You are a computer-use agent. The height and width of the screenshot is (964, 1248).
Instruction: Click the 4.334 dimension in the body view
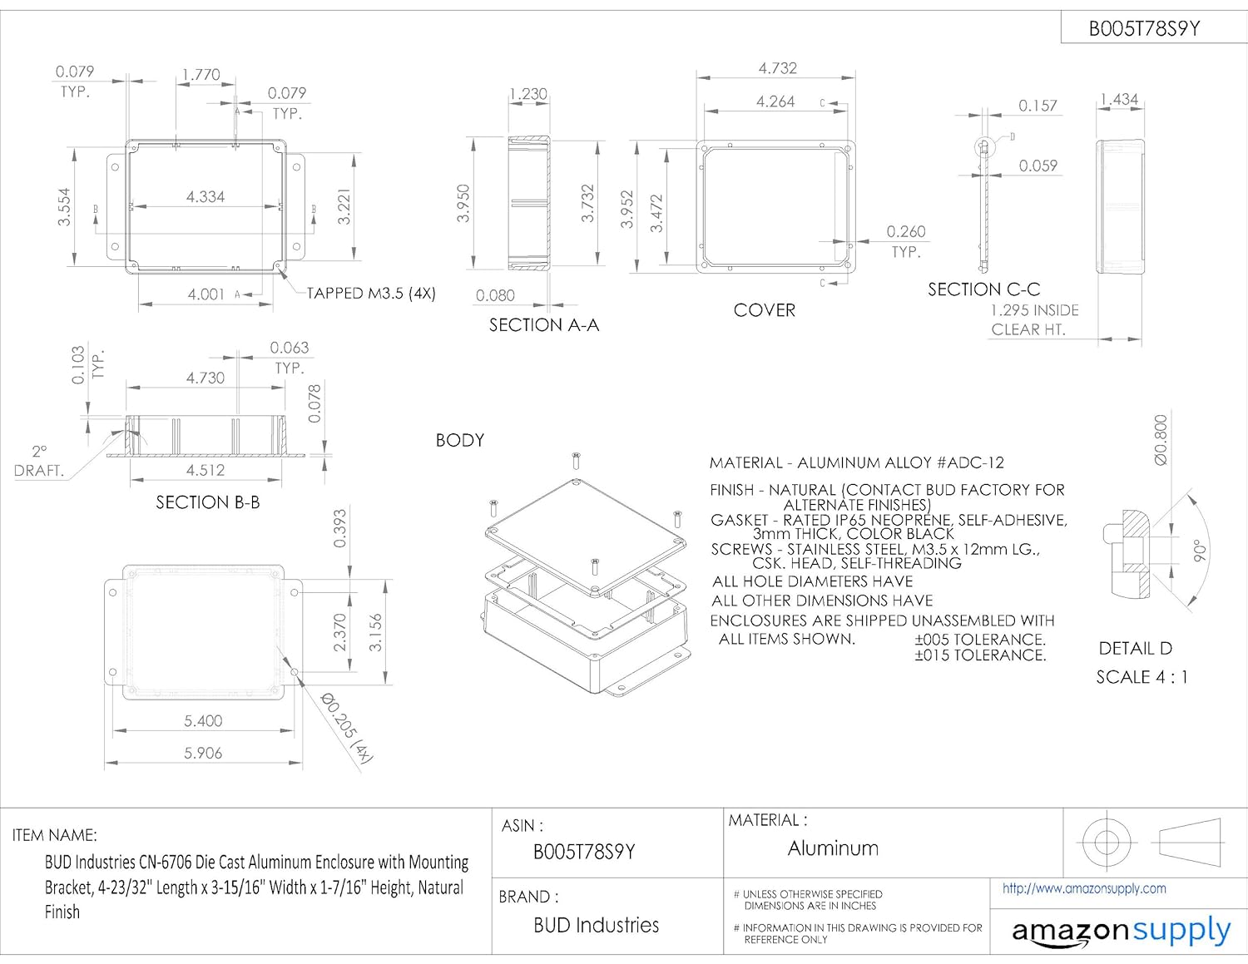tap(206, 197)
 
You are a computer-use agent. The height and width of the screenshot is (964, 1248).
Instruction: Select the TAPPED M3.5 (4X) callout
tap(371, 294)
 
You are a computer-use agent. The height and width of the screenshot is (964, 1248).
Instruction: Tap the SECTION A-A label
tap(543, 325)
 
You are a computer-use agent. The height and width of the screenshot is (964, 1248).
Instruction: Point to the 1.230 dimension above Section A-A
tap(528, 94)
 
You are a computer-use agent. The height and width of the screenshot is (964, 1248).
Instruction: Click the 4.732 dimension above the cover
tap(777, 68)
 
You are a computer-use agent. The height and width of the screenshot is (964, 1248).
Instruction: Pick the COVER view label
tap(764, 310)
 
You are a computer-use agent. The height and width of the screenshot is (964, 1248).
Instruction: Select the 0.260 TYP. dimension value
tap(905, 232)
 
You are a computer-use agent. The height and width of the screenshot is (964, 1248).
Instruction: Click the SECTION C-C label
tap(983, 289)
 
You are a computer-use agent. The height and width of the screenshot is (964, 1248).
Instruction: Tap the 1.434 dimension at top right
tap(1118, 100)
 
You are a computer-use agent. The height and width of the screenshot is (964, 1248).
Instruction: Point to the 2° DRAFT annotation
tap(38, 461)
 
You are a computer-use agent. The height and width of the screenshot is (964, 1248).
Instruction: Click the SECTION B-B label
tap(207, 502)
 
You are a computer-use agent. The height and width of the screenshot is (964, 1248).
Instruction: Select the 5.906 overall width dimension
tap(203, 753)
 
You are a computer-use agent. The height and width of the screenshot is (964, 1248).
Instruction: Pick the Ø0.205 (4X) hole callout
tap(347, 727)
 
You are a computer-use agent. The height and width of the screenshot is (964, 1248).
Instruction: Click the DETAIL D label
tap(1135, 648)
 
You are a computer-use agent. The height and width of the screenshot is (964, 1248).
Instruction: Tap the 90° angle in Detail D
tap(1199, 551)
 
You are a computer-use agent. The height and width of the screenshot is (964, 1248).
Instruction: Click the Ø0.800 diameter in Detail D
tap(1161, 440)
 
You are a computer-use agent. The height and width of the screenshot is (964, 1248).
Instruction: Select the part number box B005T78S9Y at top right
tap(1144, 29)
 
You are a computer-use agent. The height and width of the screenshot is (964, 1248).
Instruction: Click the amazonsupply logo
tap(1120, 932)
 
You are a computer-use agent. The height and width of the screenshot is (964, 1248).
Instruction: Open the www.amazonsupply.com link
tap(1083, 888)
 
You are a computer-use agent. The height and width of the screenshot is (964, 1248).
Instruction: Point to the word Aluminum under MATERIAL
tap(833, 848)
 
